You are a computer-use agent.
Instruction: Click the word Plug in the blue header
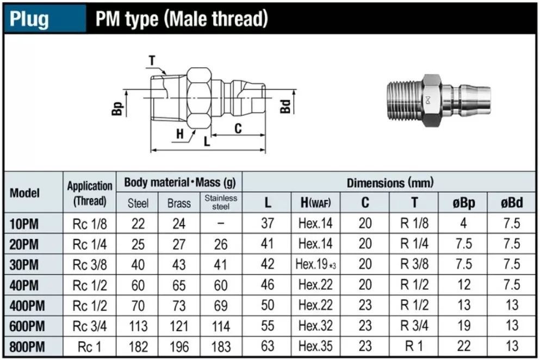click(29, 19)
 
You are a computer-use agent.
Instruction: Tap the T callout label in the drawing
click(152, 61)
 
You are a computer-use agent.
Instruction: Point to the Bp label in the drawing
click(117, 109)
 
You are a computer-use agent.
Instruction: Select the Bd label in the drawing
click(285, 107)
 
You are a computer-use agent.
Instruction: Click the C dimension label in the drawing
click(238, 128)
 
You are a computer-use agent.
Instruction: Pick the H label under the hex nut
click(180, 134)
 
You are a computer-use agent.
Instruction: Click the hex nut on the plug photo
click(432, 100)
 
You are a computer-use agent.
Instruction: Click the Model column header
click(24, 193)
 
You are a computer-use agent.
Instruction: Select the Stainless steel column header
click(221, 202)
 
